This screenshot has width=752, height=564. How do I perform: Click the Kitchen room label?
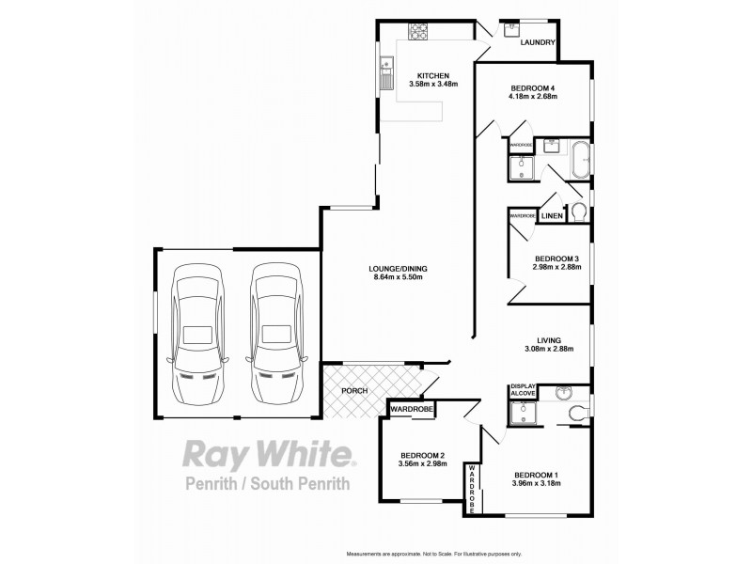(433, 76)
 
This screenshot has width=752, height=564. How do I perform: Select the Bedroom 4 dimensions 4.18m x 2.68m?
(533, 96)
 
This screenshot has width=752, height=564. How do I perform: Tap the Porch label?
(354, 391)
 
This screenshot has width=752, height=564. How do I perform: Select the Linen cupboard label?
(553, 216)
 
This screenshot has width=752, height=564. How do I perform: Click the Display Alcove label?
(523, 390)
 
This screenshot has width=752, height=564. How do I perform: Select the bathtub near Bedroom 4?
(581, 159)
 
